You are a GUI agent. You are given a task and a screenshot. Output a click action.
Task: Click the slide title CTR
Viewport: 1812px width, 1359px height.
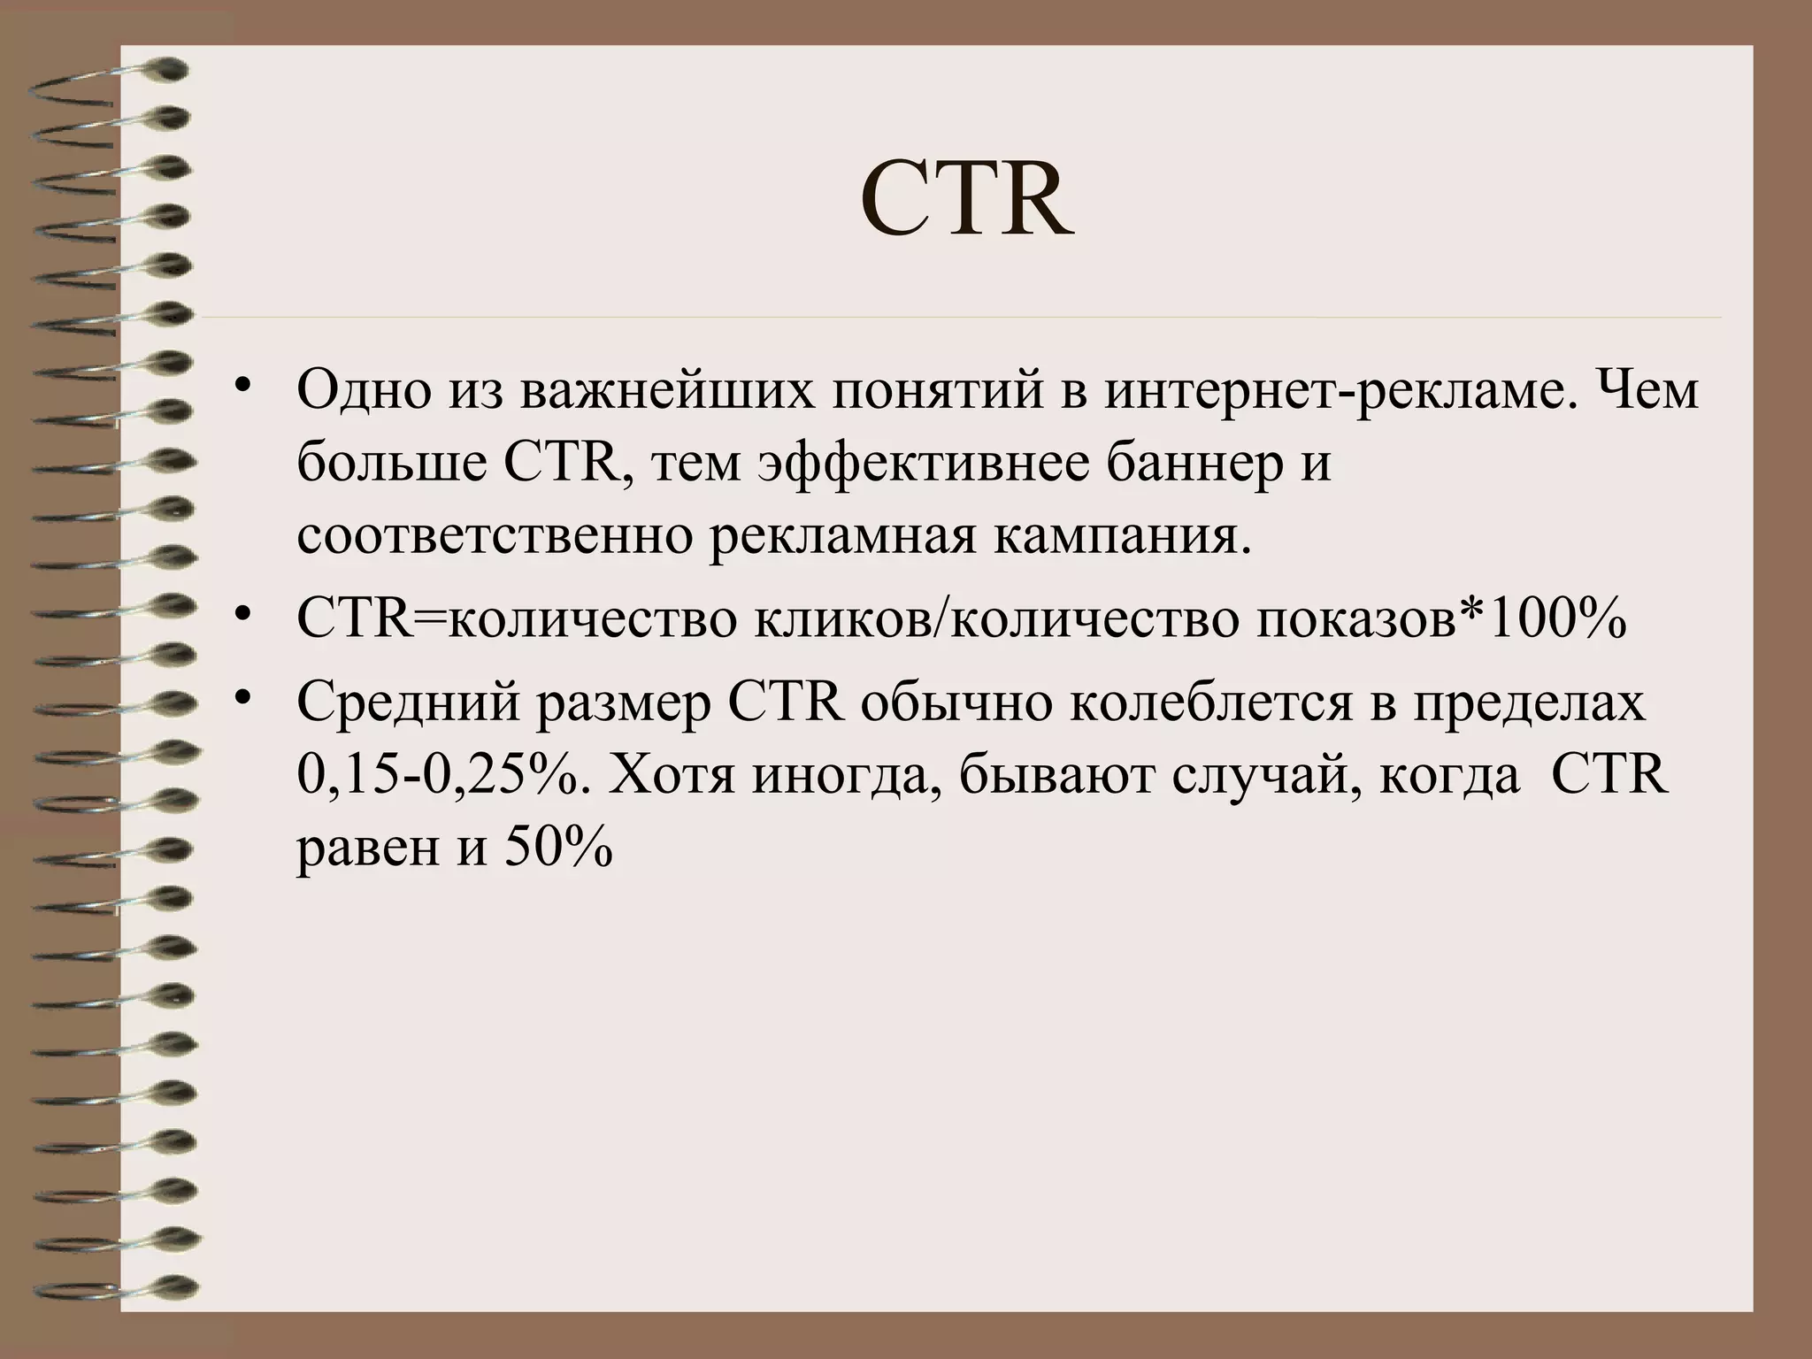(967, 202)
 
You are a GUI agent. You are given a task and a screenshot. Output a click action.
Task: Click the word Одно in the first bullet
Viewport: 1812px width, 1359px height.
(364, 391)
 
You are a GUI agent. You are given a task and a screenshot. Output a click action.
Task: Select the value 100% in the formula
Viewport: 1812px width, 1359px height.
(1557, 619)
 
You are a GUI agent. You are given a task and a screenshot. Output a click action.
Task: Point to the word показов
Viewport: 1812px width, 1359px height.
(1355, 619)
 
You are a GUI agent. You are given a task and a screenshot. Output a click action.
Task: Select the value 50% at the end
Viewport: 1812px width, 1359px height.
(558, 849)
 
